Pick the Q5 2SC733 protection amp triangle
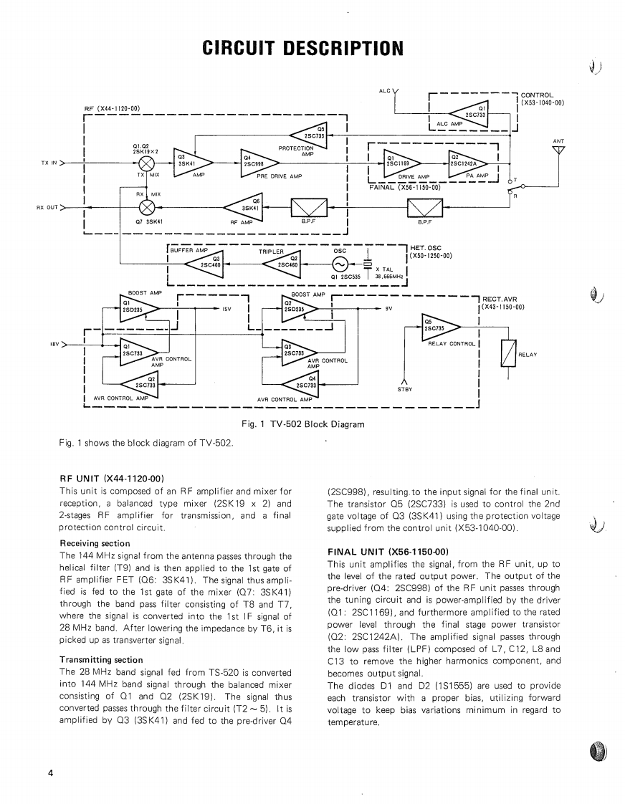[x=312, y=133]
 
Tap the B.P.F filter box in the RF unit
[x=309, y=209]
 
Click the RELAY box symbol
[x=508, y=354]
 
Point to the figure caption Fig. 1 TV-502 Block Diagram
[x=303, y=424]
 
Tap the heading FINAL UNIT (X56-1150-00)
[x=388, y=552]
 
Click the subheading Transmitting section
[x=101, y=660]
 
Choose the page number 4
[x=50, y=772]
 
